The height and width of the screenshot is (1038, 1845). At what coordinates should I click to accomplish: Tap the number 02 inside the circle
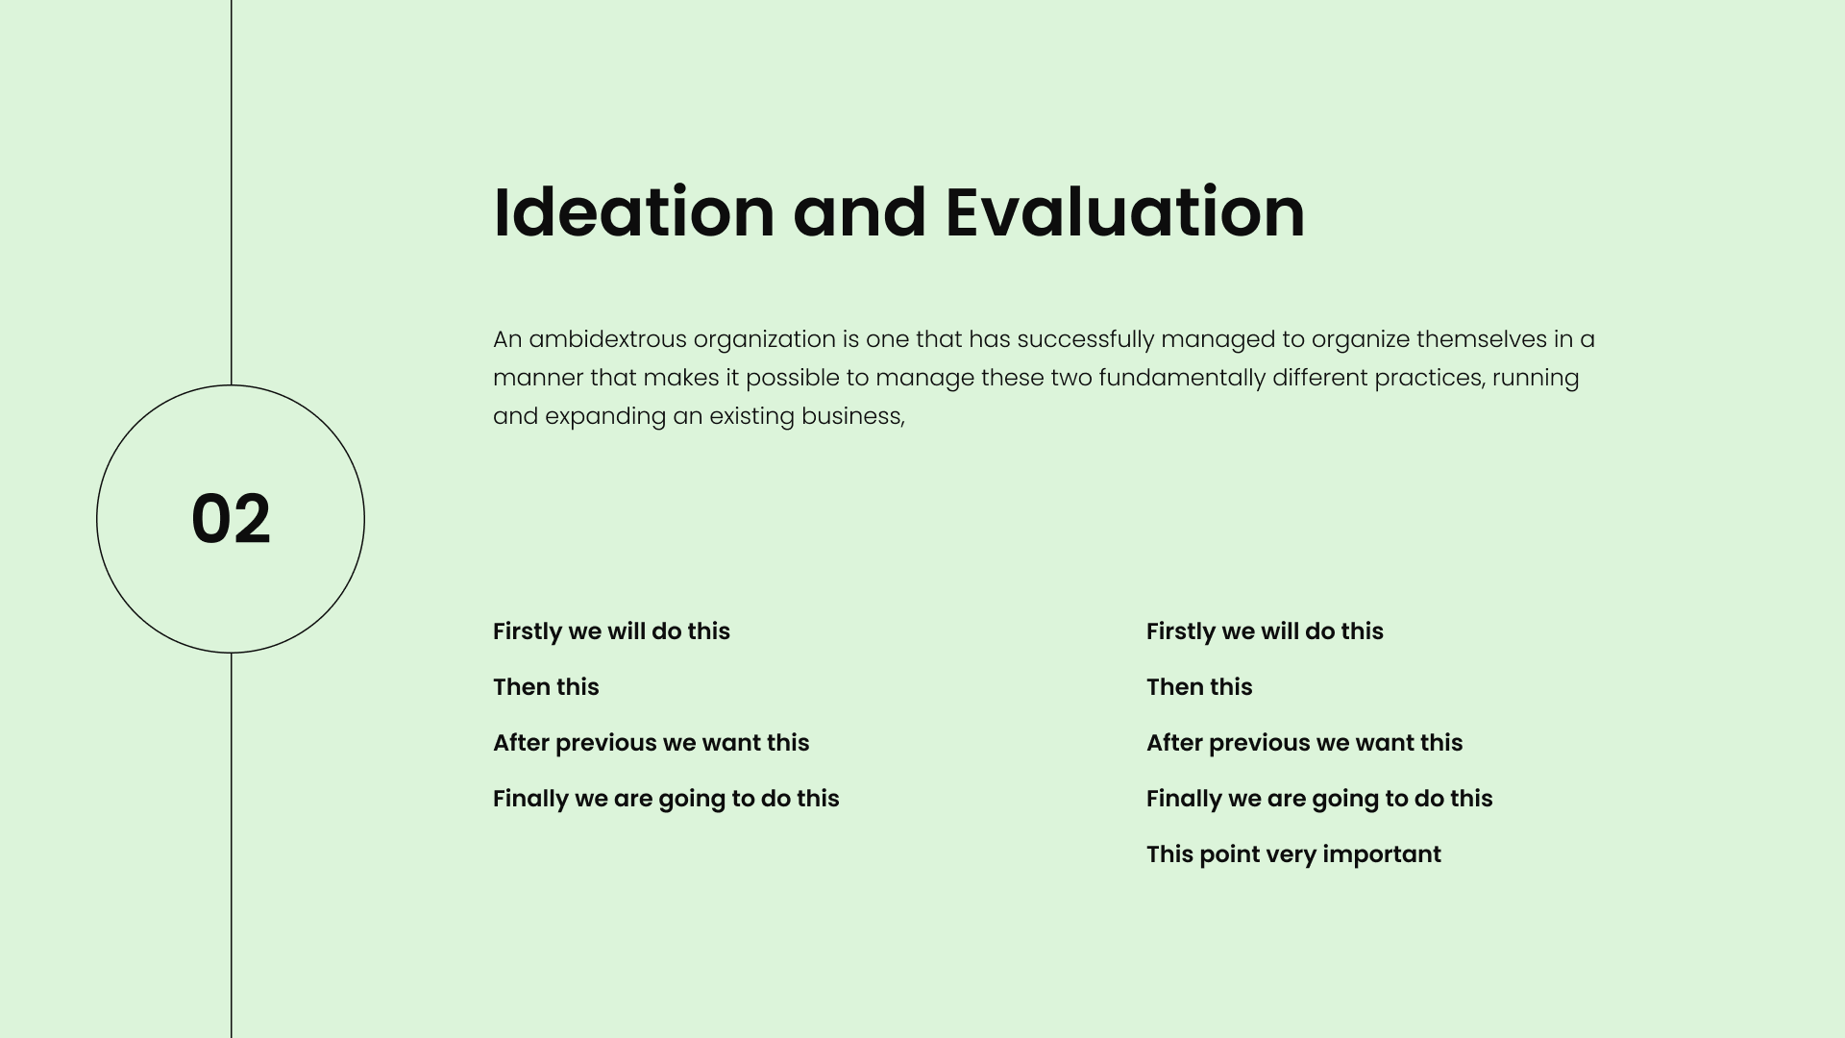(x=231, y=519)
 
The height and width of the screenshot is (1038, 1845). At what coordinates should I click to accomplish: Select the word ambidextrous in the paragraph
(x=607, y=339)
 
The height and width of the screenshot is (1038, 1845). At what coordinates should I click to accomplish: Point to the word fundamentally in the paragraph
(x=1182, y=378)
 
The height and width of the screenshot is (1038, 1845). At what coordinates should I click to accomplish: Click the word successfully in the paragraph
(x=1086, y=340)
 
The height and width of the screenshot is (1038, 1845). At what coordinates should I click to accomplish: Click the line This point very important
(x=1293, y=854)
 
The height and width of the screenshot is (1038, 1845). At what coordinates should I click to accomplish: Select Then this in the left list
(x=546, y=687)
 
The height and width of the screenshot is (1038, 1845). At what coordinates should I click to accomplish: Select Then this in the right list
(x=1199, y=687)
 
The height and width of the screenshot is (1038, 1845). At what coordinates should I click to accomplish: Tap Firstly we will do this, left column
(x=611, y=631)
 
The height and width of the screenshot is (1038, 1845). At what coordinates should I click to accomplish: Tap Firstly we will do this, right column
(x=1265, y=631)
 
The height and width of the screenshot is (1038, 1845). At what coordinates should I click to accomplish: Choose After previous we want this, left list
(x=652, y=743)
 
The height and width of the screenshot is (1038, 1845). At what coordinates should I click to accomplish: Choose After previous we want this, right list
(x=1305, y=743)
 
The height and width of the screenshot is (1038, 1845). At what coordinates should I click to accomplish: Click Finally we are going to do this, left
(x=666, y=799)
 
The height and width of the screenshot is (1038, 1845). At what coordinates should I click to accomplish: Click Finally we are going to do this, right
(x=1319, y=799)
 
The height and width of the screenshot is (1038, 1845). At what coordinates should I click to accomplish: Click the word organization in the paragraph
(x=764, y=340)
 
